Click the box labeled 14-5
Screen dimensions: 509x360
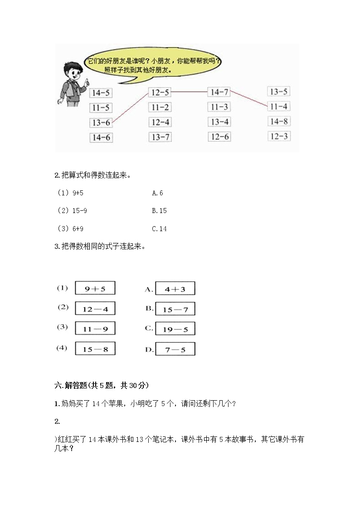pos(101,93)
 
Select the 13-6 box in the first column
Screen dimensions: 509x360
pos(101,122)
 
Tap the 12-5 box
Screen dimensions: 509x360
pos(160,93)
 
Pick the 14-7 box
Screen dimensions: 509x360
pos(219,92)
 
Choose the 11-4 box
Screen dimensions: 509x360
pos(278,107)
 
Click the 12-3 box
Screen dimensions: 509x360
pos(279,136)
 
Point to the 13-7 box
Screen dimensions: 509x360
pos(160,137)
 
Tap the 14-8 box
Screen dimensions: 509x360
pos(279,121)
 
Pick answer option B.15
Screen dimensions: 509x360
pos(160,211)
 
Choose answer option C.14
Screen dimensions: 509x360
pos(160,229)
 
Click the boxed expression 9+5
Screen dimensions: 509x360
pos(95,288)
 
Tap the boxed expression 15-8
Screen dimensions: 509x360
pos(95,349)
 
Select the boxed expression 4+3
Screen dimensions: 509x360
pos(175,289)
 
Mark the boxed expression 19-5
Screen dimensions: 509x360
pos(175,330)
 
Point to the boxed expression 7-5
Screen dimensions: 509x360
pos(175,349)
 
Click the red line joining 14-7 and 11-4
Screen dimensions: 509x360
pos(248,99)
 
